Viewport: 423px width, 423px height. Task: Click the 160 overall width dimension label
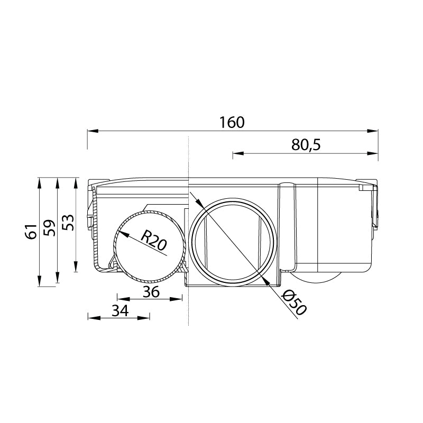tap(232, 122)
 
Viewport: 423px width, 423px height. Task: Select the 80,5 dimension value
tap(306, 145)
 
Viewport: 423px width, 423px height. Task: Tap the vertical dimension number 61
tap(31, 232)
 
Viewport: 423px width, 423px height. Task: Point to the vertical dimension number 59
tap(49, 228)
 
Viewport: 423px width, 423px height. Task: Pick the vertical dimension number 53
tap(68, 222)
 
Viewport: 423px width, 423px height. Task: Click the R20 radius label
tap(154, 240)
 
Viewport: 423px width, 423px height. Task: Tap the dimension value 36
tap(151, 292)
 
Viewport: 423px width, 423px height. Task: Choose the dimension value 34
tap(121, 311)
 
